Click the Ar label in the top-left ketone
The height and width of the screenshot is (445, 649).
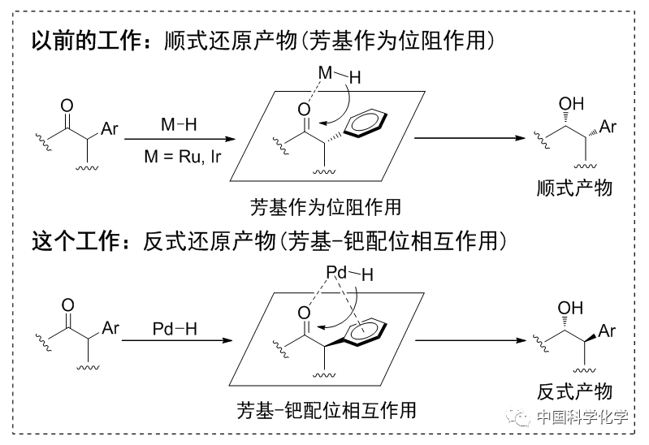(110, 128)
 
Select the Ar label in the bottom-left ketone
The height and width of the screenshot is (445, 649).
(110, 330)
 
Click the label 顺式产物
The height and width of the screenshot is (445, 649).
(575, 188)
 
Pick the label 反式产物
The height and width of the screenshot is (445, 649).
(574, 392)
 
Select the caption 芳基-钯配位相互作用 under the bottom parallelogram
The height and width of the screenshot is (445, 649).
(327, 409)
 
